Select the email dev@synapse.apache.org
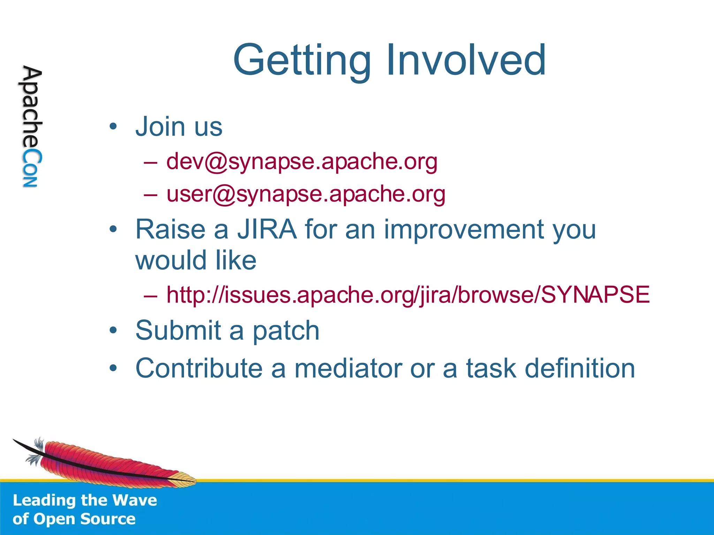coord(302,162)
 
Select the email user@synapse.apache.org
coord(306,194)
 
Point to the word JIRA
coord(267,230)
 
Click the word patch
coord(286,331)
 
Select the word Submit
coord(178,331)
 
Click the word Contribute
coord(199,368)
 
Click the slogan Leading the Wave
coord(85,501)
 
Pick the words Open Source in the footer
coord(84,519)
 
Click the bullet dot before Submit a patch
coord(113,331)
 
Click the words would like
coord(196,261)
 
